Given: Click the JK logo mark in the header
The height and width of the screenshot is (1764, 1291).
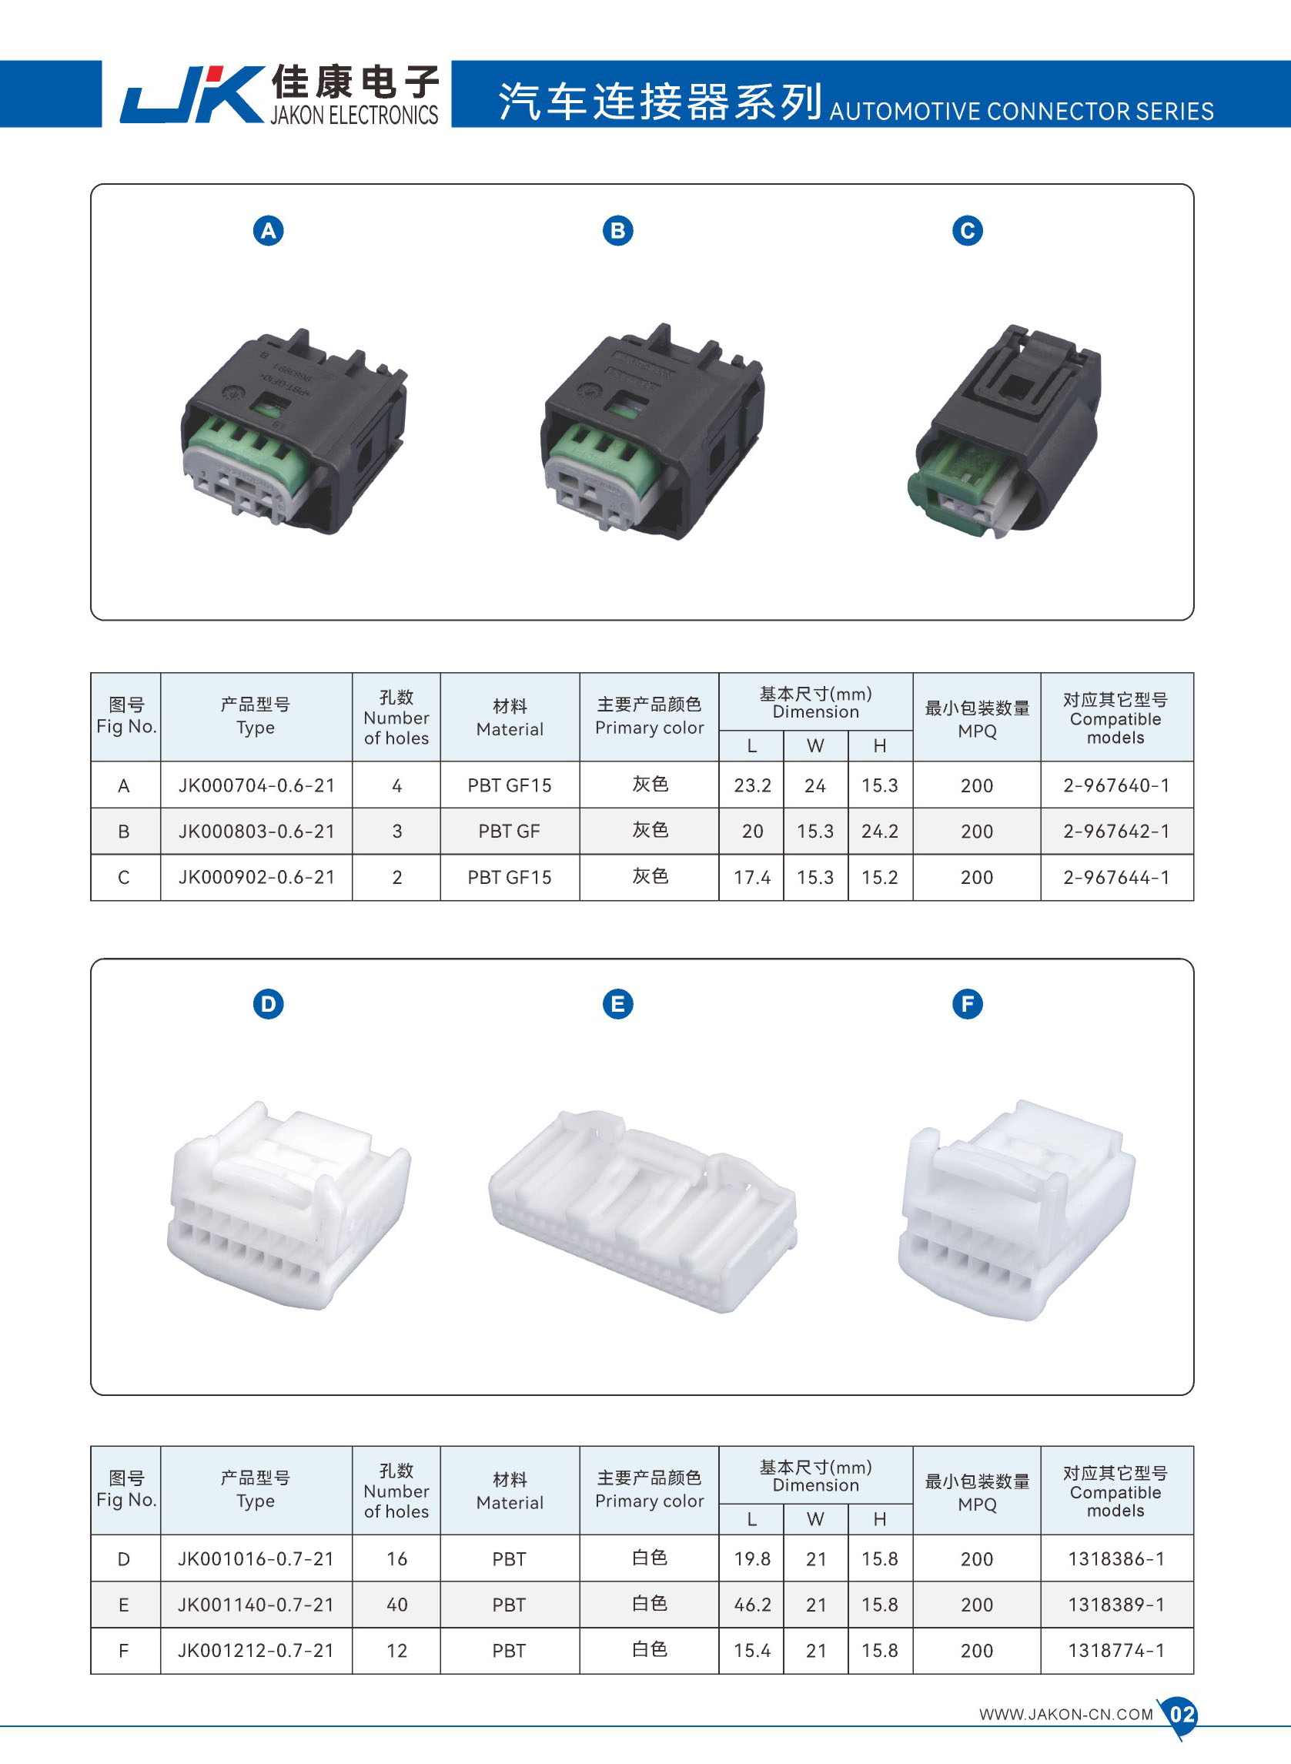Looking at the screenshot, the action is (192, 95).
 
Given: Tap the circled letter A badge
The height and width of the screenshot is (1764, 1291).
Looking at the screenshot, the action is (268, 230).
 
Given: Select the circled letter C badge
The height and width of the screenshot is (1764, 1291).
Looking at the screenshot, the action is (967, 230).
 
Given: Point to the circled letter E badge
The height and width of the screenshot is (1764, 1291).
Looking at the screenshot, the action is (617, 1004).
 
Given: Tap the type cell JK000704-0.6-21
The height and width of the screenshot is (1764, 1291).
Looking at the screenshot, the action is (256, 785).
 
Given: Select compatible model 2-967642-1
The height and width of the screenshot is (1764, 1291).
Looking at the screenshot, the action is (1116, 832).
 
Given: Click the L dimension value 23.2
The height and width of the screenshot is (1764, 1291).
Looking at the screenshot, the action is (752, 785).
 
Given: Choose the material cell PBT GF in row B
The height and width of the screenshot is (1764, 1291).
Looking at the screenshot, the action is (509, 832).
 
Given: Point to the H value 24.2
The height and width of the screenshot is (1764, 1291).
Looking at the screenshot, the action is (880, 832).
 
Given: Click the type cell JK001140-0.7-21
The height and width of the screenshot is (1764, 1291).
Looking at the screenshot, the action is (256, 1605).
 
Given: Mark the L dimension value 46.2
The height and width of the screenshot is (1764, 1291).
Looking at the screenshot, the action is (752, 1605).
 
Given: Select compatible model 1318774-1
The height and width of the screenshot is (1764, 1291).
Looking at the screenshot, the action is (1116, 1651).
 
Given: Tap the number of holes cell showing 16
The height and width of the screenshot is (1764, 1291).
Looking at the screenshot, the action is (397, 1559).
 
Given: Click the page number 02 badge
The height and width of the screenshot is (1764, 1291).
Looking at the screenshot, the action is (1181, 1715).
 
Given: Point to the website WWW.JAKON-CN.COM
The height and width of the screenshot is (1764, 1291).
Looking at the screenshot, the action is (1066, 1715).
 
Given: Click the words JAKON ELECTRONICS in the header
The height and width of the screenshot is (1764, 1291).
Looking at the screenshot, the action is (354, 115).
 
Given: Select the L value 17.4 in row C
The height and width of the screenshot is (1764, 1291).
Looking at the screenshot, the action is (752, 878).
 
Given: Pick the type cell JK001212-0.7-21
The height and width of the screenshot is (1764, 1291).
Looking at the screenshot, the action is (256, 1651).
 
